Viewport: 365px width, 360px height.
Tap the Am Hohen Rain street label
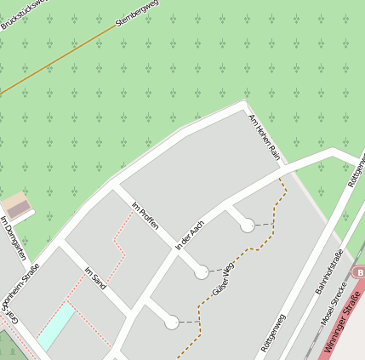tap(264, 136)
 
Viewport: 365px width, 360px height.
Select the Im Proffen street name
tap(147, 218)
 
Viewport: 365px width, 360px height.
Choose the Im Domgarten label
tap(13, 243)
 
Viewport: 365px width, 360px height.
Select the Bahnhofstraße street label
tap(329, 273)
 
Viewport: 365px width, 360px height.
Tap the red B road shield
tap(359, 272)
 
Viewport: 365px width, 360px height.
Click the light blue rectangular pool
tap(56, 324)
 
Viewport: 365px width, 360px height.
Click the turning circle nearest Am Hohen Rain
tap(247, 226)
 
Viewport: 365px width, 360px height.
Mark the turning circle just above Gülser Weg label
tap(202, 272)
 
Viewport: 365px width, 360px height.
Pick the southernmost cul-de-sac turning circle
tap(172, 323)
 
